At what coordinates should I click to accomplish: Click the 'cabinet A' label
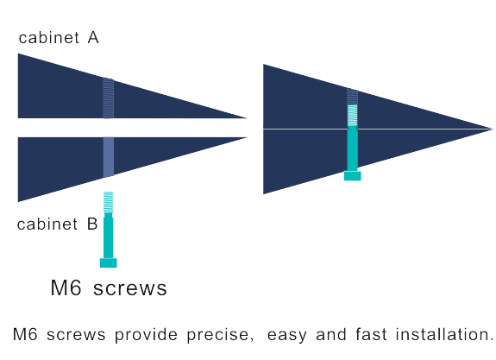point(59,38)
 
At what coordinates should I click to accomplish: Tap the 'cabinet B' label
point(57,224)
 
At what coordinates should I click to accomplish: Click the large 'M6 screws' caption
point(109,287)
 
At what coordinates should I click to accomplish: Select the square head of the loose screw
point(108,262)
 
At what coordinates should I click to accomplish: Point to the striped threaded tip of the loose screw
point(108,202)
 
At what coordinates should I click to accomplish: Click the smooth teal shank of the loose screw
point(108,236)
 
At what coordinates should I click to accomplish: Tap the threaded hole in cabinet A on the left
point(108,98)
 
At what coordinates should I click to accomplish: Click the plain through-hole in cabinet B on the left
point(108,157)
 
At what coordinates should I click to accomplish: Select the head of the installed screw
point(353,176)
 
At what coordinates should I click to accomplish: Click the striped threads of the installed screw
point(353,115)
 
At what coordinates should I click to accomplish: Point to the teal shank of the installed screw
point(353,148)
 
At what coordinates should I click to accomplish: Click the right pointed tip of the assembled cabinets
point(492,129)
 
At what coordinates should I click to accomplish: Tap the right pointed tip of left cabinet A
point(247,118)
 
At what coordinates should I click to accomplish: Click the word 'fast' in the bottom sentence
point(371,334)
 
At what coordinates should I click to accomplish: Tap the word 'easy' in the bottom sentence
point(287,336)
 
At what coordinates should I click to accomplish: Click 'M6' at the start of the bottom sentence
point(25,335)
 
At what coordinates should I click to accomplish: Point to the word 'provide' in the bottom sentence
point(146,335)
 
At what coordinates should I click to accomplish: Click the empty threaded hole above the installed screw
point(353,97)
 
